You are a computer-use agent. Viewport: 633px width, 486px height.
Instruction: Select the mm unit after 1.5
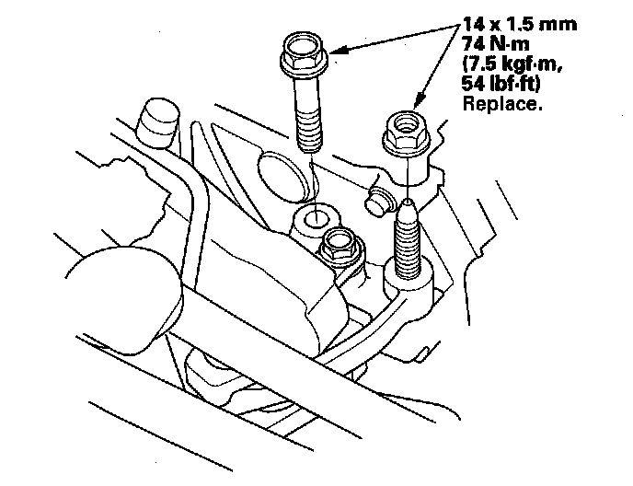559,25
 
